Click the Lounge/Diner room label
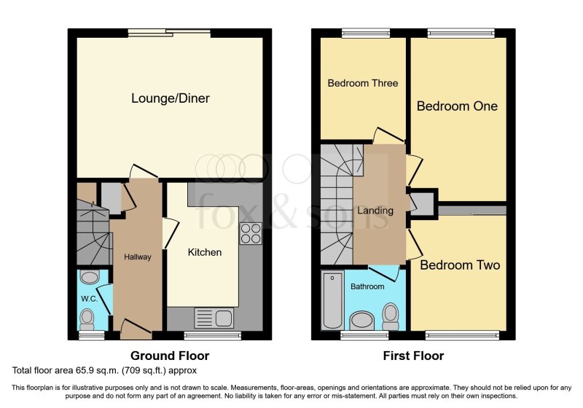tap(171, 98)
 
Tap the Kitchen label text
tap(205, 252)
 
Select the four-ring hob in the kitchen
tap(251, 233)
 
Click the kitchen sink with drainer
tap(214, 318)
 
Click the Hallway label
tap(137, 257)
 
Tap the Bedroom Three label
tap(362, 83)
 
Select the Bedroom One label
tap(457, 106)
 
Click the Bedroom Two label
tap(460, 265)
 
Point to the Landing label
tap(375, 211)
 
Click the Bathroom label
tap(367, 286)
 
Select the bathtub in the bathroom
tap(332, 300)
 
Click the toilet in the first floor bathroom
tap(391, 315)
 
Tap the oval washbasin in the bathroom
tap(362, 321)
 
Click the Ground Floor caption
tap(169, 356)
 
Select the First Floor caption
tap(413, 356)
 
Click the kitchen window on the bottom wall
tap(212, 335)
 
